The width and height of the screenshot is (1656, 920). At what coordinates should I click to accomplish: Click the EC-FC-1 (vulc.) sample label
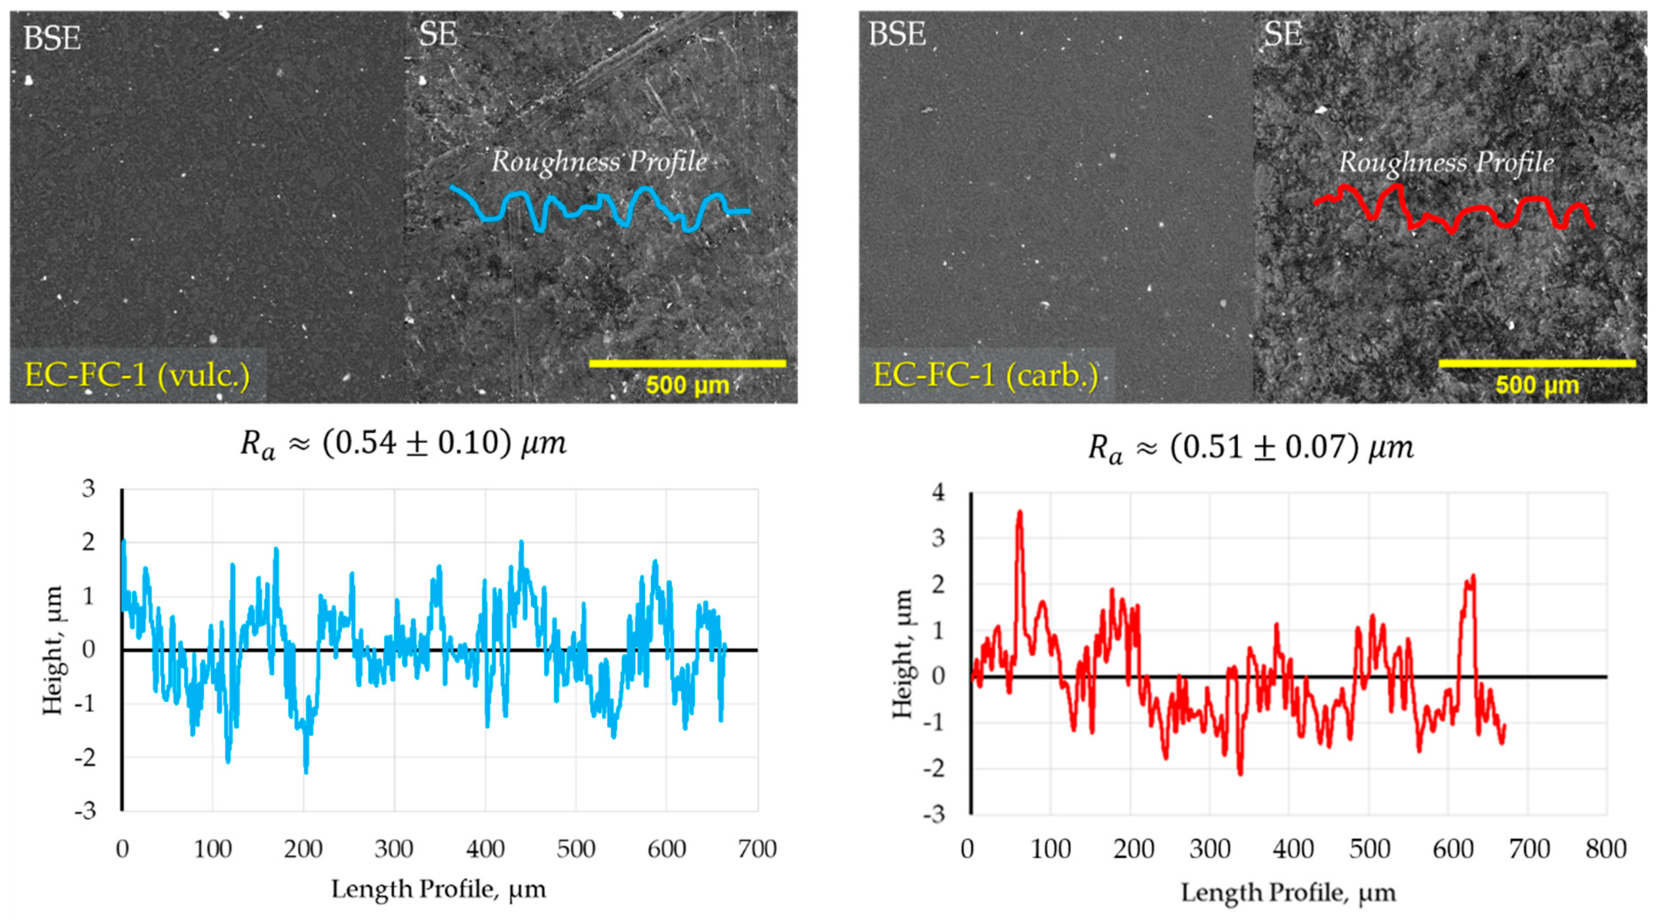[x=137, y=375]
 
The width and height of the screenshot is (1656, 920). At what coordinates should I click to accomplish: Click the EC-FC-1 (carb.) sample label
[x=986, y=375]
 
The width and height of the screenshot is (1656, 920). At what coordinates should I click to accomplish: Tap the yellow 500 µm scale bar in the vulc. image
[x=687, y=363]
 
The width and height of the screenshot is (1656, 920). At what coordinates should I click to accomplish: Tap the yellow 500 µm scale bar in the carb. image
[x=1537, y=363]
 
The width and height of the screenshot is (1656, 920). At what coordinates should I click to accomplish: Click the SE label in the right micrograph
[x=1282, y=34]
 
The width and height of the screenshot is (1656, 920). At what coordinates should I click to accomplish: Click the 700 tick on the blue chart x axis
[x=757, y=849]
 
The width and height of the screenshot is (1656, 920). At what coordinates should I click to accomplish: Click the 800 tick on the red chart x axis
[x=1605, y=849]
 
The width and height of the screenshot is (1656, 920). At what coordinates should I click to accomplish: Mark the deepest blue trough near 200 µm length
[x=306, y=770]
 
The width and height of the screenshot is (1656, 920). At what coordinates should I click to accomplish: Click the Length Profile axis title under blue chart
[x=438, y=890]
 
